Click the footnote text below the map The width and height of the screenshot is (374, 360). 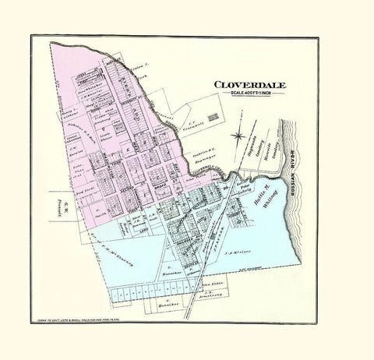coord(88,320)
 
